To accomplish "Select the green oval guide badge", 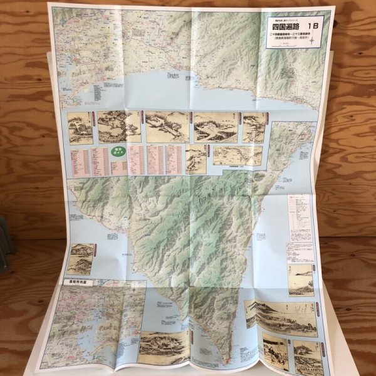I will pos(118,152).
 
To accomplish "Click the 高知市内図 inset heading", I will pos(79,283).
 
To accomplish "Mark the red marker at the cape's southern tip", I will pos(224,362).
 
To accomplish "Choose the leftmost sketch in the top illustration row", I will pos(80,128).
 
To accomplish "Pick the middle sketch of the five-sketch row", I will pos(167,127).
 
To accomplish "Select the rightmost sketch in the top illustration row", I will pos(254,127).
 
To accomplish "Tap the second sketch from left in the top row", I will pos(119,127).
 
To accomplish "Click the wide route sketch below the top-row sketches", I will pos(236,155).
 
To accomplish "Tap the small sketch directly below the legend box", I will pos(301,279).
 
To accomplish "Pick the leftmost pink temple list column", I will pos(78,161).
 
